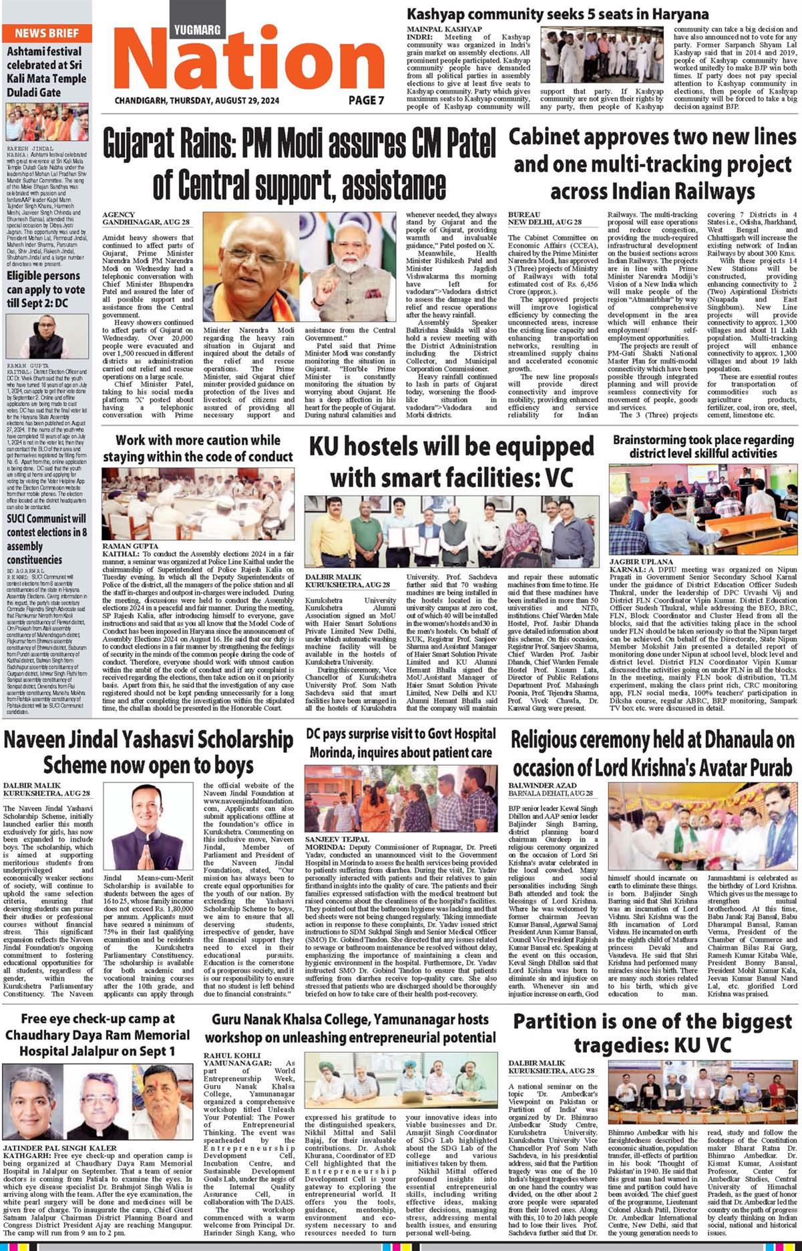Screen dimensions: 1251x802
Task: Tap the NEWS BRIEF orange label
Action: [x=46, y=33]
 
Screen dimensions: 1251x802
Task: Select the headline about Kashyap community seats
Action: [x=558, y=14]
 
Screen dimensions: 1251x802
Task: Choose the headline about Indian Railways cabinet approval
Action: [x=652, y=164]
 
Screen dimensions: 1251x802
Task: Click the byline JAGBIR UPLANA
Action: [x=635, y=562]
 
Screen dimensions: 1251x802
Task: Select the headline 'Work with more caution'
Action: [x=198, y=449]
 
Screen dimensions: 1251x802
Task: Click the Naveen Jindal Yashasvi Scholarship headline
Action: [x=148, y=752]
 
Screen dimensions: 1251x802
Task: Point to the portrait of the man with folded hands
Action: [x=148, y=826]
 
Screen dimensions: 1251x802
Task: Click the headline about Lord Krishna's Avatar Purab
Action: [x=652, y=752]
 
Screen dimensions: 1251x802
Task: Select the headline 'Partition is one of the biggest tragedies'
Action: [x=652, y=1032]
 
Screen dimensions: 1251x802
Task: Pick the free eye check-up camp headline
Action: [x=97, y=1035]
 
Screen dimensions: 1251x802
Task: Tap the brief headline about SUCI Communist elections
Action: [x=47, y=539]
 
